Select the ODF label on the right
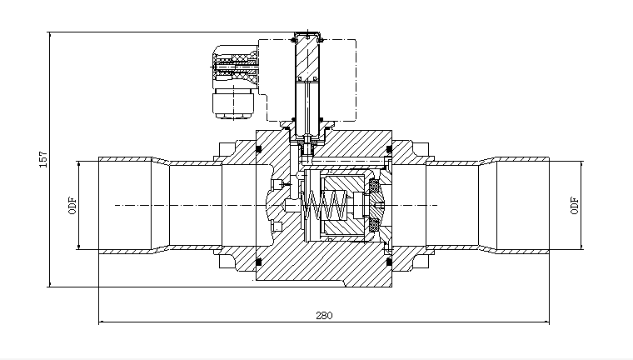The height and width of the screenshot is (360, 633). coord(574,205)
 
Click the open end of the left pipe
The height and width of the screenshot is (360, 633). coord(100,204)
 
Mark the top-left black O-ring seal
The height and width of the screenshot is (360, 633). coord(259,149)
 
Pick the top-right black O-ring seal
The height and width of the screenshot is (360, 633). coord(388,149)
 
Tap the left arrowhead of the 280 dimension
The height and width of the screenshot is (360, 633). coord(102,322)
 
